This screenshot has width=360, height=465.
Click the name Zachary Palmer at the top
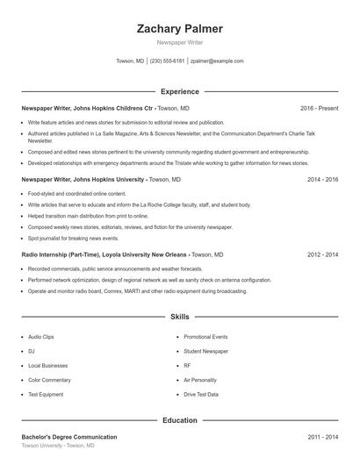[x=179, y=28]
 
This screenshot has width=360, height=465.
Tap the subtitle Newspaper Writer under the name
[x=179, y=43]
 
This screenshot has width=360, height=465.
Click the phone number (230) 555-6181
[x=167, y=61]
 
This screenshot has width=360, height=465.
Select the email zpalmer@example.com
[x=217, y=61]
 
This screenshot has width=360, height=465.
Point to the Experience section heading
[x=179, y=91]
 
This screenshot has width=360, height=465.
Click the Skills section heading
[x=179, y=316]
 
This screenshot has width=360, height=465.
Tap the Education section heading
[x=179, y=420]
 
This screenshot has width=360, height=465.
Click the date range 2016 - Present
[x=319, y=108]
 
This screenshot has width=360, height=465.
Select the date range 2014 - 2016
[x=322, y=179]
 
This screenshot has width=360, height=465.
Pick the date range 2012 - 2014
[x=322, y=254]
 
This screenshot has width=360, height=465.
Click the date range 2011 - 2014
[x=322, y=437]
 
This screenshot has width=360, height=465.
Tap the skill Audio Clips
[x=41, y=337]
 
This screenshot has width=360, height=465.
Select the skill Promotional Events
[x=205, y=337]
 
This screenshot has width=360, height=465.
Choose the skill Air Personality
[x=200, y=380]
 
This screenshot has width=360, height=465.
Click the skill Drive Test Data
[x=201, y=394]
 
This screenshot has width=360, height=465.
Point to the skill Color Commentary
[x=48, y=380]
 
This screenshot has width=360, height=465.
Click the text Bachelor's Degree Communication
[x=68, y=437]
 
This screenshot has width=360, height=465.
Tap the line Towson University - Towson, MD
[x=57, y=446]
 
